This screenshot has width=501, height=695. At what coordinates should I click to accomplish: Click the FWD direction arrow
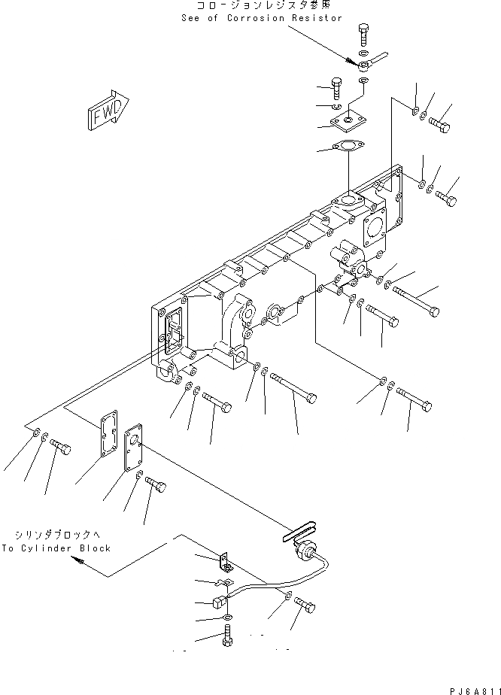pos(107,111)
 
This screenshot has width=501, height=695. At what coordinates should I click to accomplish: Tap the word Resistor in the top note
pos(318,18)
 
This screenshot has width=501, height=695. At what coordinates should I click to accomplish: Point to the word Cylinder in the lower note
pos(53,548)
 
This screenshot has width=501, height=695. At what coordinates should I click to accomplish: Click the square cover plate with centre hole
pos(348,119)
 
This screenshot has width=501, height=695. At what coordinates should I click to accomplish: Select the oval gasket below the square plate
pos(348,147)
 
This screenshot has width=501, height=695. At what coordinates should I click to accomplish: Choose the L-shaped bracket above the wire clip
pos(224,561)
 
